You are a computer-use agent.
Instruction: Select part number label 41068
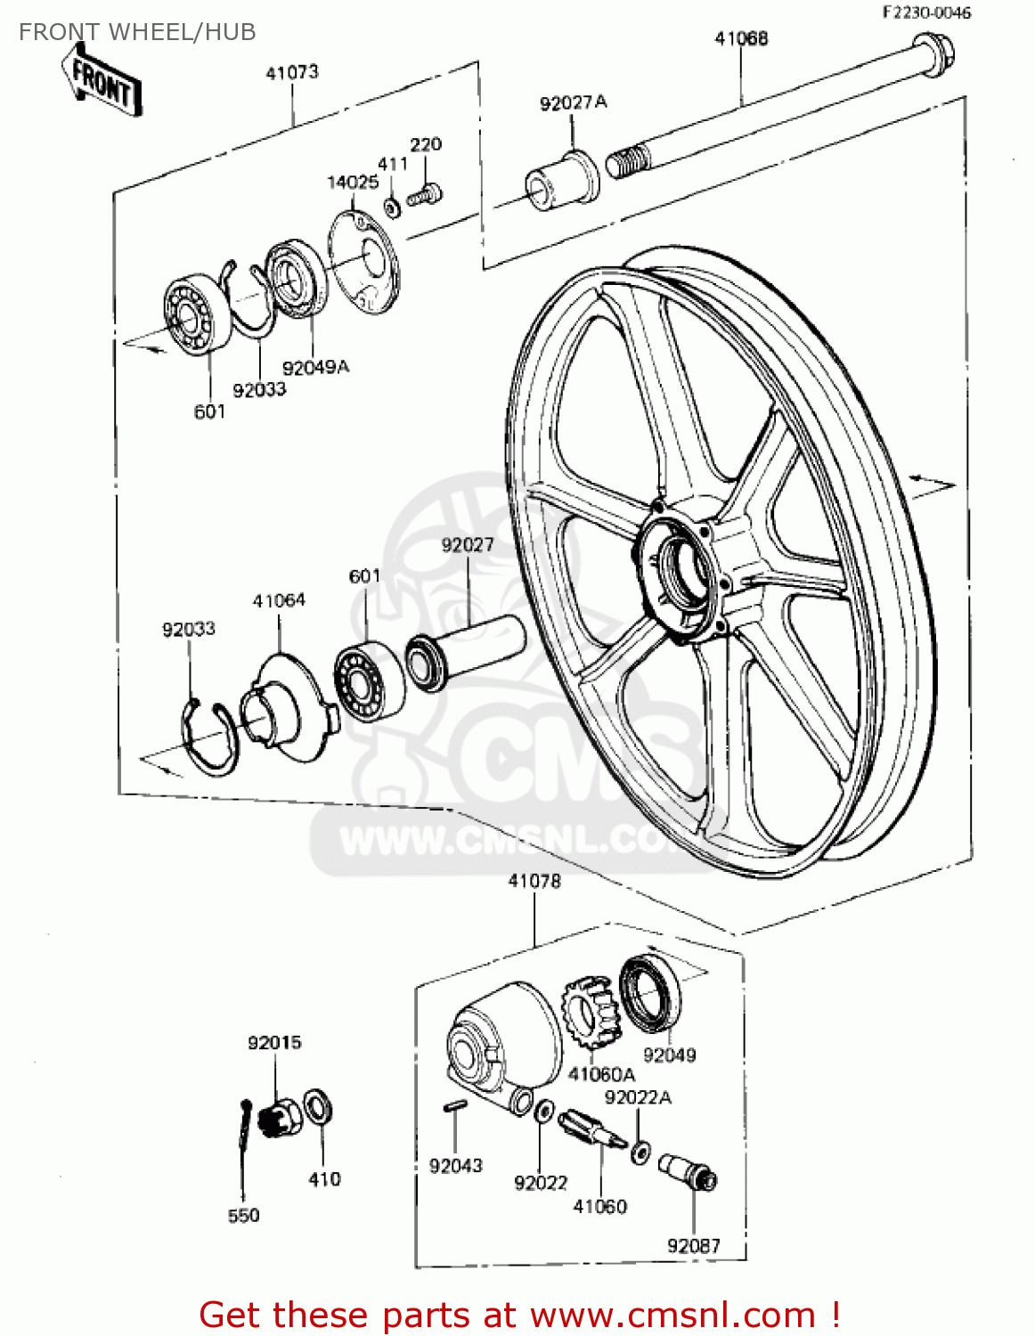pos(741,38)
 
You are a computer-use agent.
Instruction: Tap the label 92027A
pos(573,102)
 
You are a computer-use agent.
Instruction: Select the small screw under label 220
pos(425,194)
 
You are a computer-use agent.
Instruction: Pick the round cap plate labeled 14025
pos(363,261)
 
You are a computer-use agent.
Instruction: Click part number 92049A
pos(315,367)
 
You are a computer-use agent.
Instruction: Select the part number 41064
pos(279,600)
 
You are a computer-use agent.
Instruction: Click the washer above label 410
pos(318,1108)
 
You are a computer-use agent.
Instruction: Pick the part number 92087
pos(693,1245)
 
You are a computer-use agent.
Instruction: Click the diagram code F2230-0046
pos(926,12)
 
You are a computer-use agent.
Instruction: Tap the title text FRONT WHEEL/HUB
pos(137,32)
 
